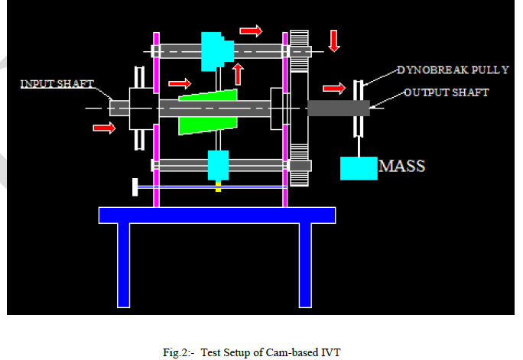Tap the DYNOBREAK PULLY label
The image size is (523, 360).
click(x=452, y=70)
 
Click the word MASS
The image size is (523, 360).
click(x=402, y=165)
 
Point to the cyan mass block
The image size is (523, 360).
click(x=359, y=168)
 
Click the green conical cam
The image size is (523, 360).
click(x=207, y=112)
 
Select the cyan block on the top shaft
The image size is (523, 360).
click(x=216, y=50)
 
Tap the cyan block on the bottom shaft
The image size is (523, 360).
click(x=218, y=165)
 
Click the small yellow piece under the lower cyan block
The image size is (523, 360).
click(x=218, y=186)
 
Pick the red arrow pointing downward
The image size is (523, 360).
click(x=334, y=41)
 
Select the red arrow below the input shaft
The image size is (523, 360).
click(x=104, y=127)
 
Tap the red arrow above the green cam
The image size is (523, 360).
click(x=180, y=83)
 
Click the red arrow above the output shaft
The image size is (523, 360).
click(x=334, y=89)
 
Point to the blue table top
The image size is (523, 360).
click(x=217, y=215)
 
